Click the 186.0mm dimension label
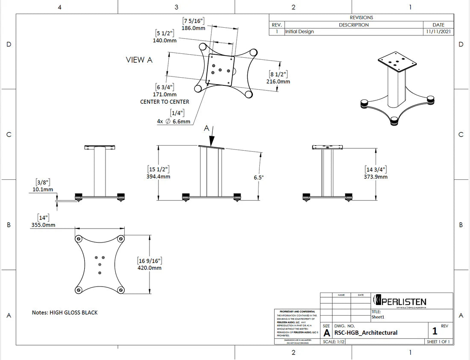coord(194,28)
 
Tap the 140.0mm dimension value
coord(164,40)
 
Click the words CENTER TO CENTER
coord(164,102)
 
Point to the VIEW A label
coord(139,60)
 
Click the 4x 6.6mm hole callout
coord(173,121)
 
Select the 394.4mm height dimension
coord(158,176)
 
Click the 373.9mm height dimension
coord(376,176)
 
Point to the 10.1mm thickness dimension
coord(43,189)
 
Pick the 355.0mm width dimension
coord(43,225)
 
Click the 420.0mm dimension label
coord(149,268)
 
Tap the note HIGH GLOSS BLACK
coord(65,313)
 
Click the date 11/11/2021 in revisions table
coord(438,32)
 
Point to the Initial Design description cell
coord(299,32)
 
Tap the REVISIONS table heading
coord(361,18)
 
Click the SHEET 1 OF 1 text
coord(439,342)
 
